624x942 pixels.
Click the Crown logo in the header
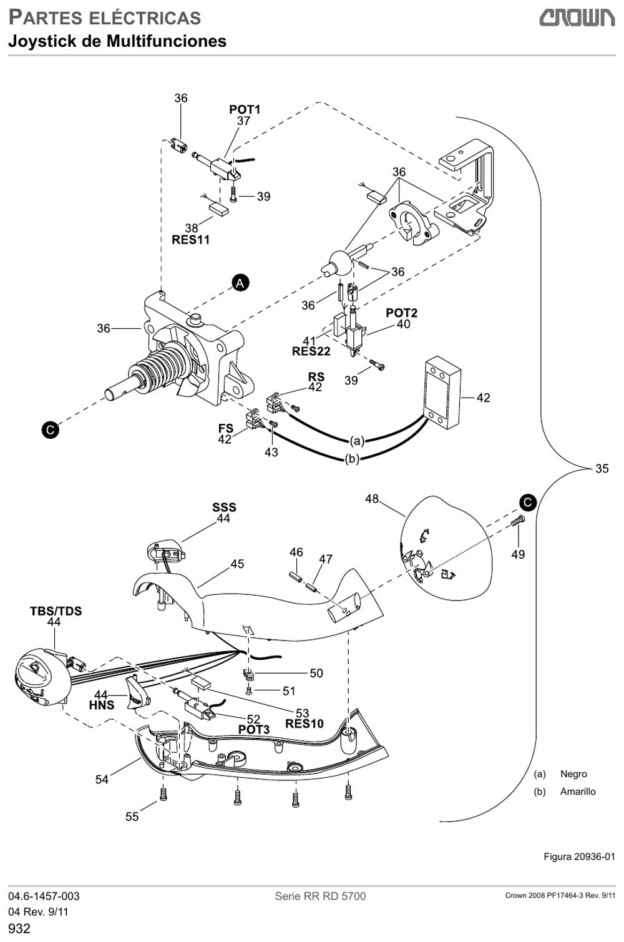[577, 18]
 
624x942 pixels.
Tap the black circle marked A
[240, 283]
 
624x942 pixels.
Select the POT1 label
[245, 109]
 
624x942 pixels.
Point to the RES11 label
[190, 240]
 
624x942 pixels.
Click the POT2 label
[402, 313]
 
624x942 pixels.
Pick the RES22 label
[311, 351]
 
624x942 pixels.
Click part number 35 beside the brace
[602, 468]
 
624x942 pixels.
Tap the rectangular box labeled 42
[443, 393]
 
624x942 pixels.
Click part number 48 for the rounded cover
[372, 499]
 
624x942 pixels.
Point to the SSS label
[224, 507]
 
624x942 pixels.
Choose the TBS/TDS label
[56, 611]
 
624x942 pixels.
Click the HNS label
[101, 705]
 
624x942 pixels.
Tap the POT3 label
[253, 730]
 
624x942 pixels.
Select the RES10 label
[305, 724]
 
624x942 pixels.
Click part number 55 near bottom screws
[132, 817]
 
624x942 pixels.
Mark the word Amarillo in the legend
[578, 792]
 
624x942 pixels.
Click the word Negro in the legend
[573, 774]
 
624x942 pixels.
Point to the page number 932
[19, 928]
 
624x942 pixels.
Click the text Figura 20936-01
[580, 856]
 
